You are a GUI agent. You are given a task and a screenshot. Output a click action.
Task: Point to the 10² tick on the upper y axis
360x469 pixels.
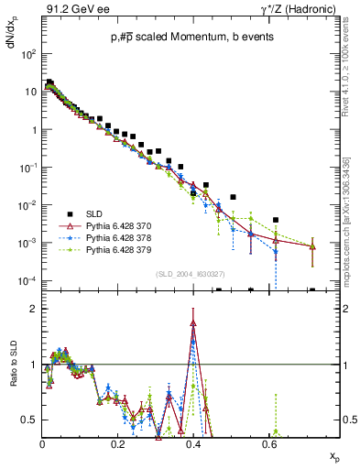point(29,54)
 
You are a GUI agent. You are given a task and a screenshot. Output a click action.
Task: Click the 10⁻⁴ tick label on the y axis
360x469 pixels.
point(28,280)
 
